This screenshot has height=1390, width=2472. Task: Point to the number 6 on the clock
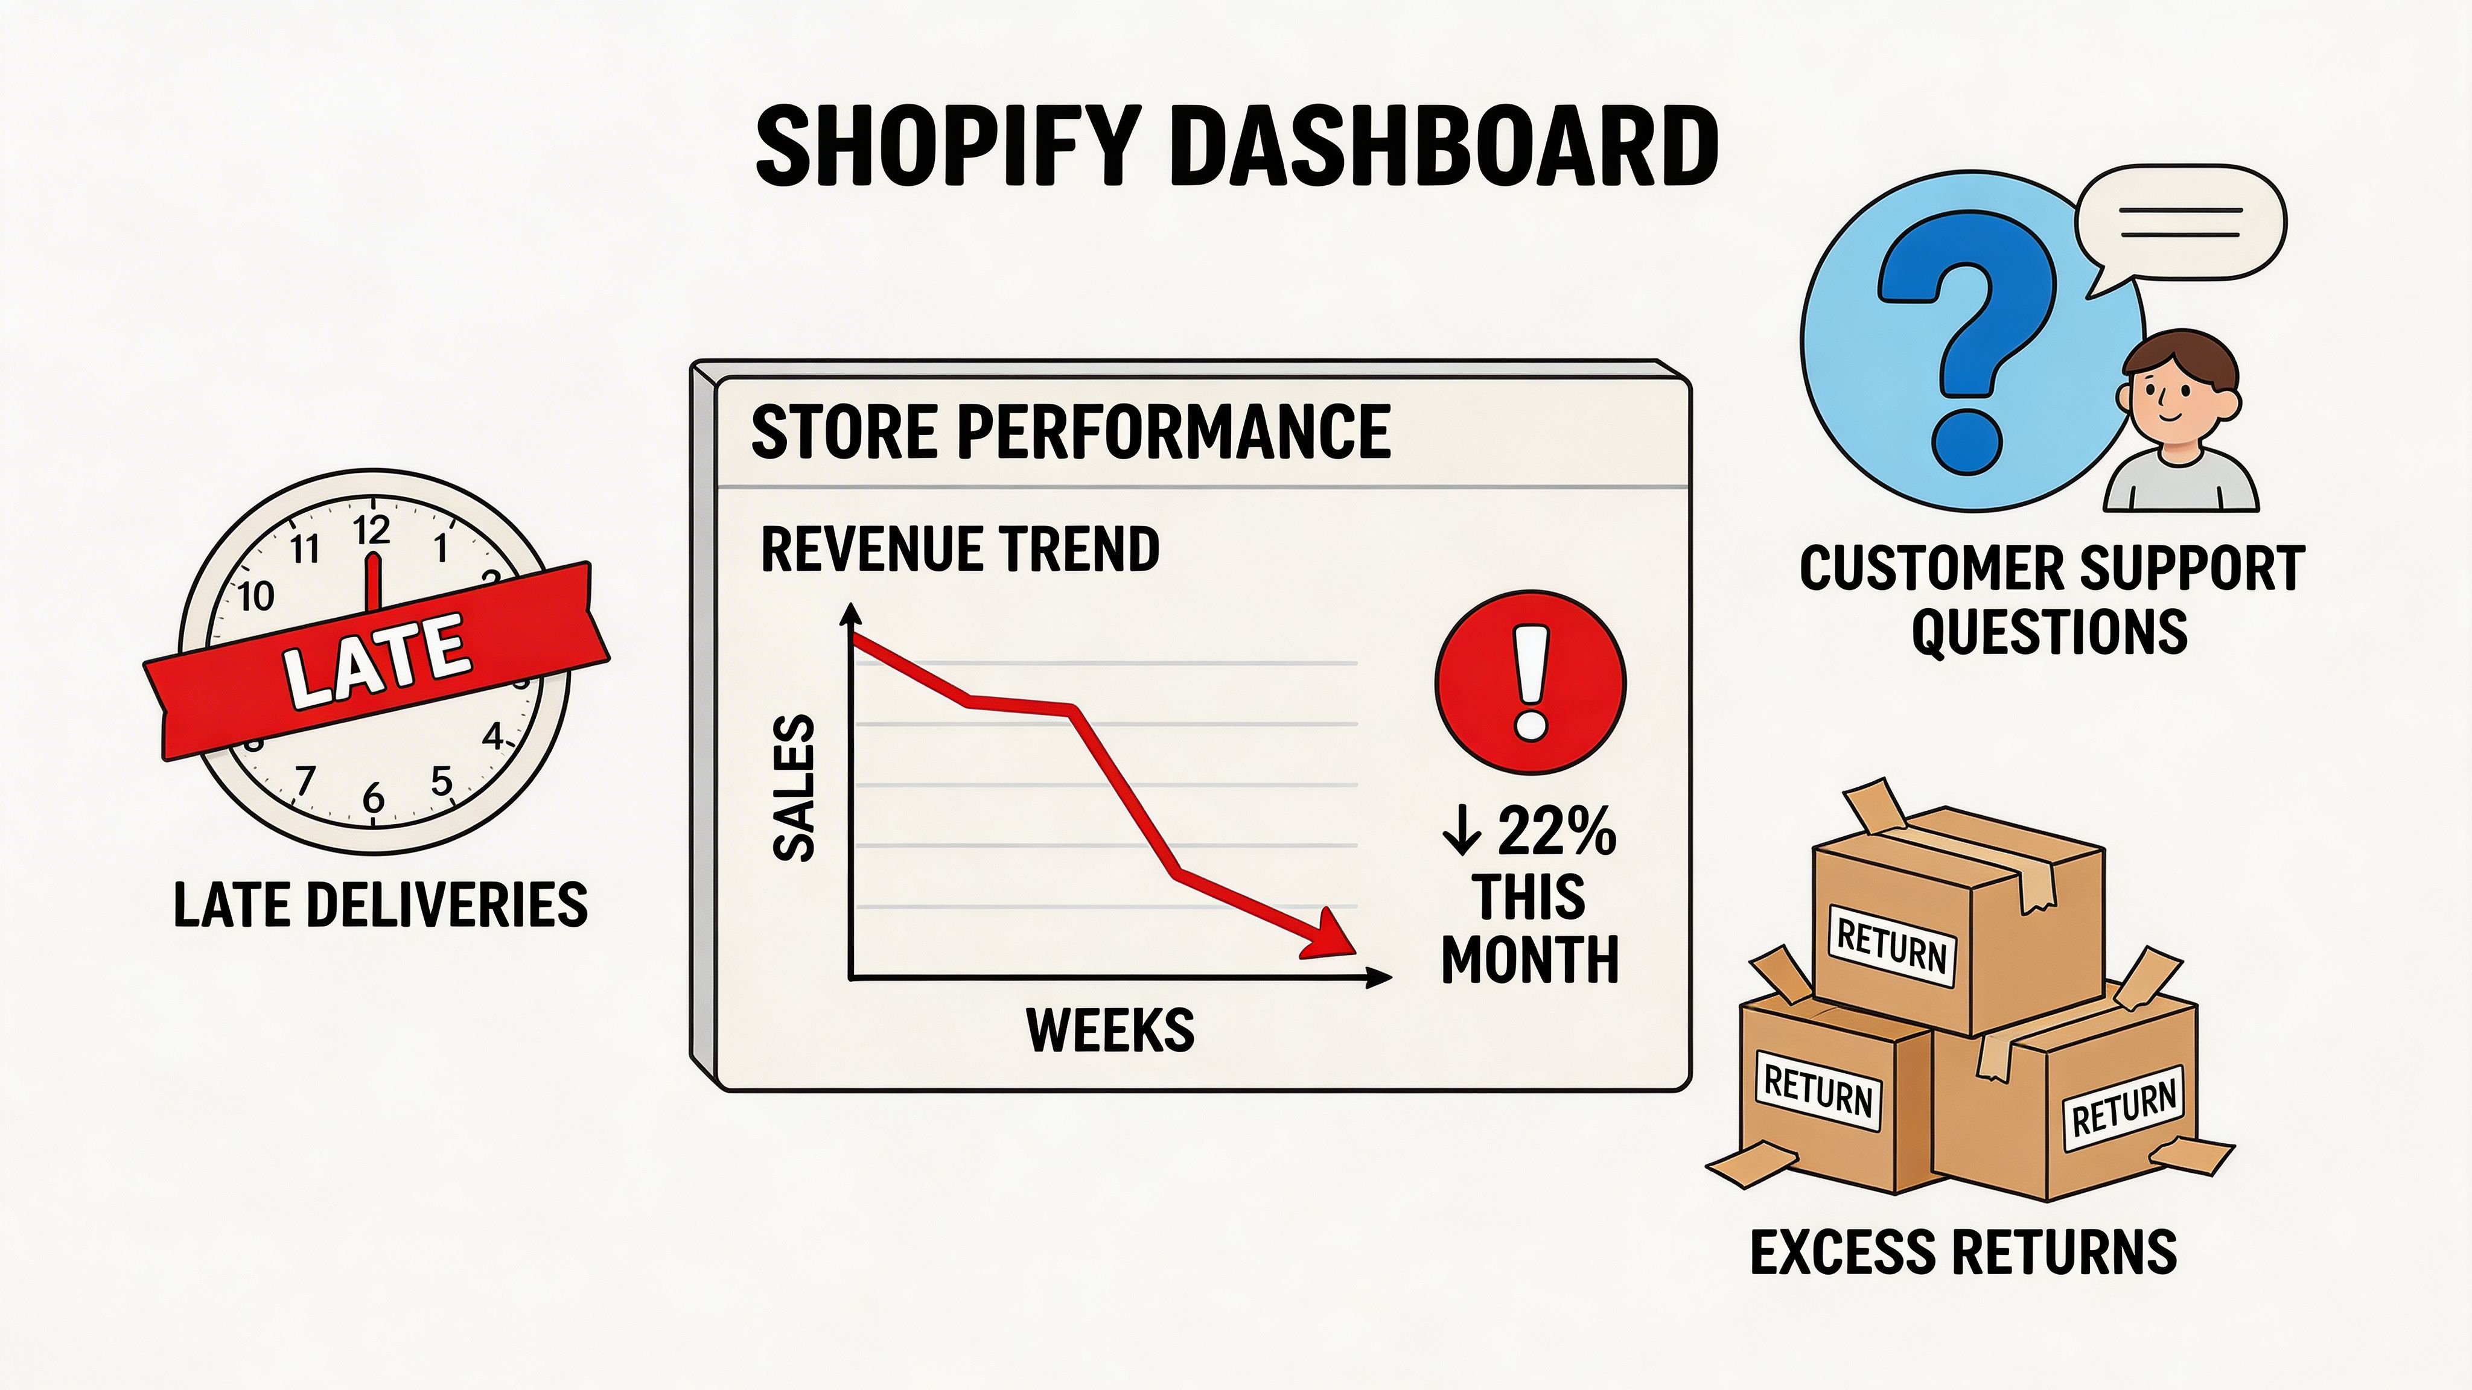tap(374, 797)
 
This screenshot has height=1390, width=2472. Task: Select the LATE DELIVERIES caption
tap(380, 904)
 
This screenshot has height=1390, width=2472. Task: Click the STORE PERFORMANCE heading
tap(1070, 433)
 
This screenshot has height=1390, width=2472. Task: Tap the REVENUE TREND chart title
tap(960, 550)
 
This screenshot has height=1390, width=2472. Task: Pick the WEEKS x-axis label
tap(1110, 1030)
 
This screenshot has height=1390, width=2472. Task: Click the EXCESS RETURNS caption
tap(1963, 1252)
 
